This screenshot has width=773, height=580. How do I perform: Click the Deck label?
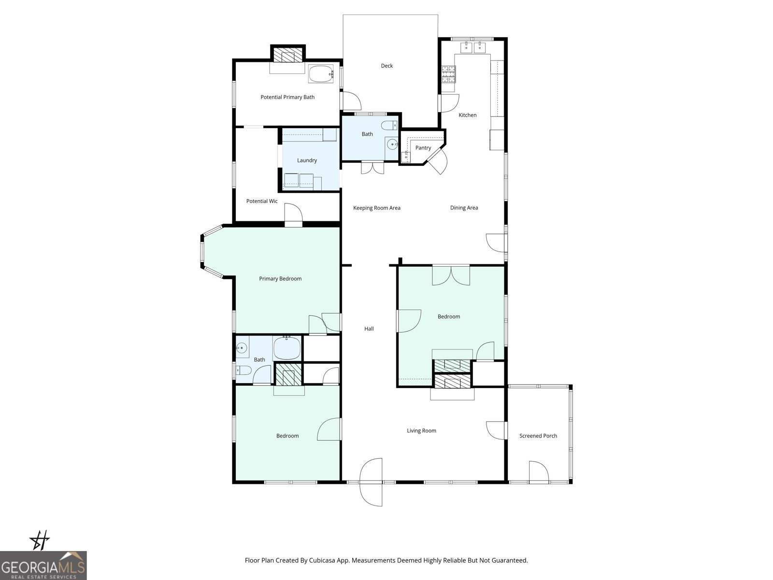tap(386, 66)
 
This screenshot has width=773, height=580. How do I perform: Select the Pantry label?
tap(423, 148)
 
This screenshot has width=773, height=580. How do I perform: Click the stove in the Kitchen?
tap(448, 74)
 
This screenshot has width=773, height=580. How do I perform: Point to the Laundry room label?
tap(307, 160)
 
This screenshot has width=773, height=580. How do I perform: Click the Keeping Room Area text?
tap(376, 208)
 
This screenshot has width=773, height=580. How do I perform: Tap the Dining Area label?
tap(464, 208)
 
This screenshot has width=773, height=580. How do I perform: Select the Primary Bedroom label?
tap(280, 279)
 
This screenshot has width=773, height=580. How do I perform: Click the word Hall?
tap(369, 329)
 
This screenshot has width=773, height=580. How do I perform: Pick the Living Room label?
tap(421, 431)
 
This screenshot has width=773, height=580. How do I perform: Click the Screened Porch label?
tap(538, 436)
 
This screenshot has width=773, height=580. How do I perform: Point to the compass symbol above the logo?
tap(40, 540)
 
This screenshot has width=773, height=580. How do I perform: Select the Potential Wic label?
tap(261, 201)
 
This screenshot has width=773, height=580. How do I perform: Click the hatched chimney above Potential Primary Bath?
tap(287, 54)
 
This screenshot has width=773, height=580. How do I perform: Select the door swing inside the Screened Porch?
tap(539, 472)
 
